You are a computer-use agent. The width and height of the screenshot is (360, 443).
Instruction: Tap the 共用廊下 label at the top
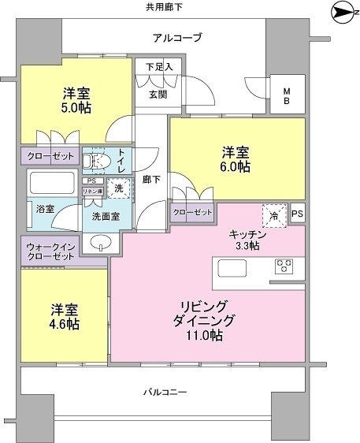(x=163, y=7)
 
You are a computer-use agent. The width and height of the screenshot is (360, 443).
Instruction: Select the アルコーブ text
(x=177, y=37)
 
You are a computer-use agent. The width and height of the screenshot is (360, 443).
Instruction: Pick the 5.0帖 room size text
(x=76, y=107)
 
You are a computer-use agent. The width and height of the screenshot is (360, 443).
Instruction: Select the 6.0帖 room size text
(x=236, y=166)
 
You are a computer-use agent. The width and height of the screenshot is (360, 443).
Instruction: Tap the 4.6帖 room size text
(x=65, y=324)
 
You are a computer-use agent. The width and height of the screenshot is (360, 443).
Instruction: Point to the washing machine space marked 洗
(x=117, y=189)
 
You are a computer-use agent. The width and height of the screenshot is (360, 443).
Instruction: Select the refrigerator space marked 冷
(x=273, y=213)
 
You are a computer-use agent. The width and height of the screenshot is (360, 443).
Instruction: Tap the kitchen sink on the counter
(x=233, y=269)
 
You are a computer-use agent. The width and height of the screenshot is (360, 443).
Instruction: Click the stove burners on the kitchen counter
(x=284, y=268)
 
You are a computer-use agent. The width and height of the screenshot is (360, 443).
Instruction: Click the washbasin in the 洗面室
(x=100, y=243)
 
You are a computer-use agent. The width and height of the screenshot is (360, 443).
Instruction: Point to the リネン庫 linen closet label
(x=94, y=192)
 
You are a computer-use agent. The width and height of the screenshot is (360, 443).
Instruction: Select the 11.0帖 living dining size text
(x=206, y=336)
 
